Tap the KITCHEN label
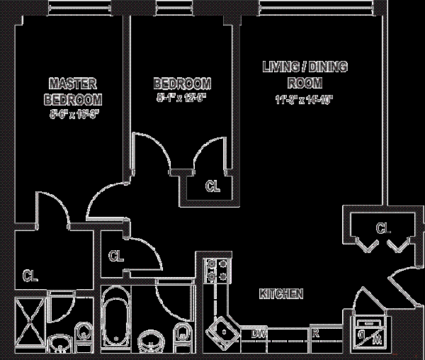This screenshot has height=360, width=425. (x=281, y=293)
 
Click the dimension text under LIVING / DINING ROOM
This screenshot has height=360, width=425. (x=306, y=100)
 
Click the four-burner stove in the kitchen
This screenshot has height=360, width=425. (x=215, y=271)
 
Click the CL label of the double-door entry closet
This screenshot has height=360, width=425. (x=383, y=228)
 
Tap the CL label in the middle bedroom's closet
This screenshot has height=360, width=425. (x=212, y=187)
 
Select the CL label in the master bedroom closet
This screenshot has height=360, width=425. (x=30, y=274)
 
